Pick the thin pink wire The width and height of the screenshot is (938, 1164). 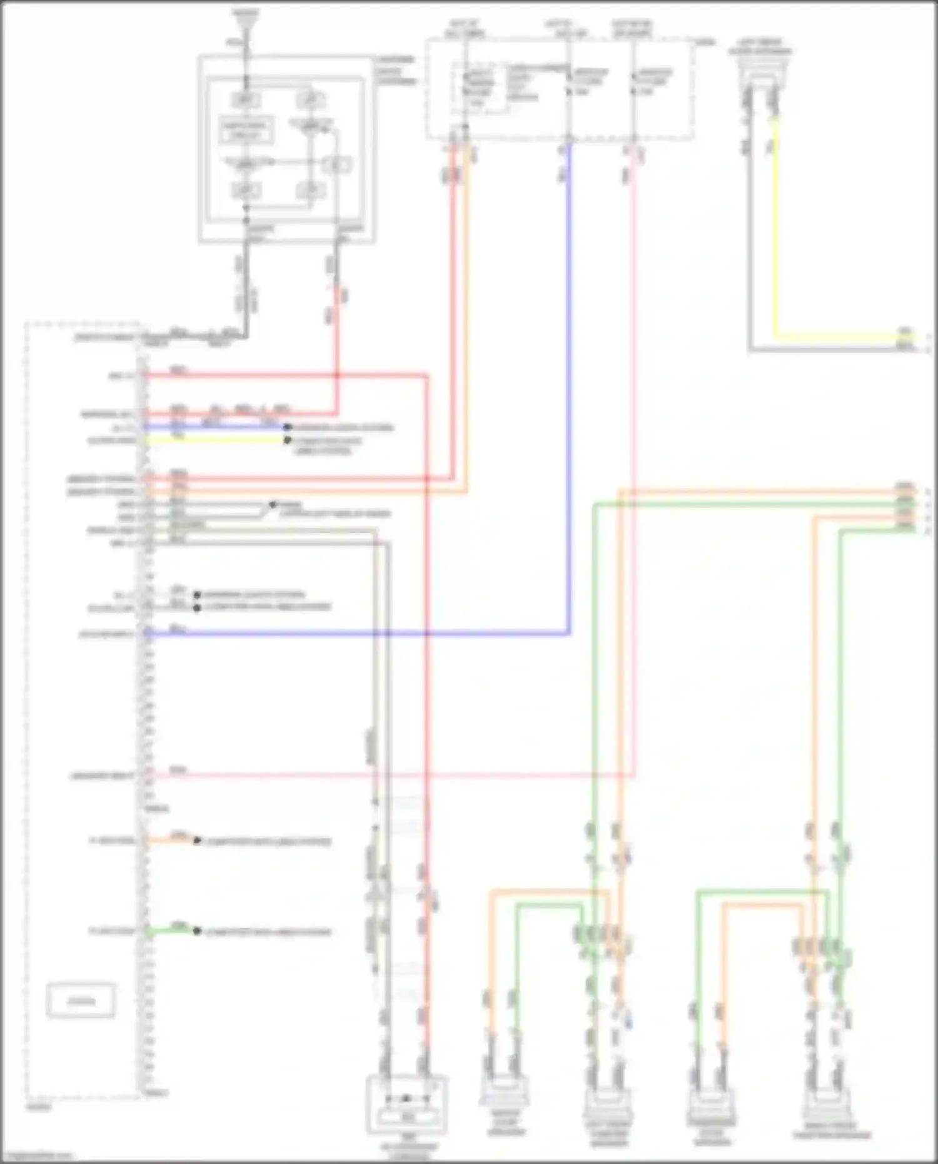[x=634, y=438]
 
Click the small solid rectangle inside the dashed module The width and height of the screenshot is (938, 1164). [x=81, y=1001]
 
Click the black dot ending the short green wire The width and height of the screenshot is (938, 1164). [x=197, y=931]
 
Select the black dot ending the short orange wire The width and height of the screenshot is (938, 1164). [x=197, y=841]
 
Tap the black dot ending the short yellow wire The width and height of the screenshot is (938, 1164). [x=288, y=440]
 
